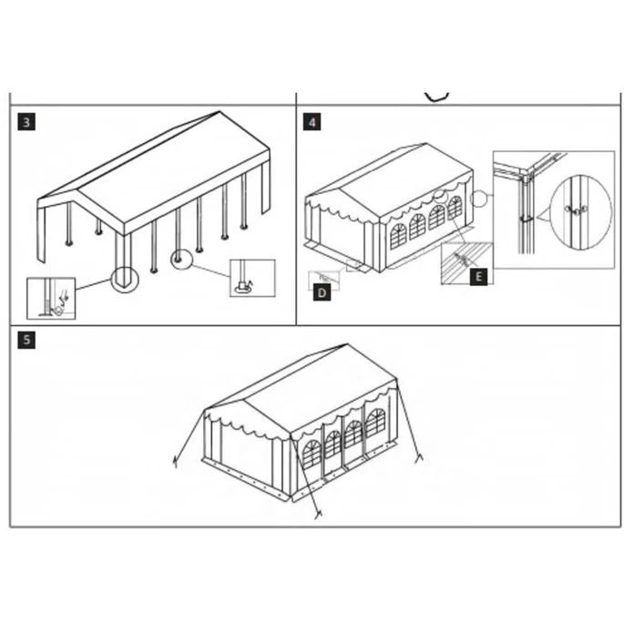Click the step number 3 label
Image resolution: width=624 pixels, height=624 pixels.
[27, 121]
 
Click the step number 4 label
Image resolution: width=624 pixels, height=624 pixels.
[312, 121]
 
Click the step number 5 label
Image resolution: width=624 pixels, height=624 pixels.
[27, 340]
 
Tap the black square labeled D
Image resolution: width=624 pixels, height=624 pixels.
[322, 292]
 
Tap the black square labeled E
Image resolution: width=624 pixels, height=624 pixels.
[479, 276]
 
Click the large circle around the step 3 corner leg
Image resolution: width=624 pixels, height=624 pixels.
[124, 277]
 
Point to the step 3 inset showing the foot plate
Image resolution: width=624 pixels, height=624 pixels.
[251, 278]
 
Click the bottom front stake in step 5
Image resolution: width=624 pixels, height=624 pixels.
[318, 516]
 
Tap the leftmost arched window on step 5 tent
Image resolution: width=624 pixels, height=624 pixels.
[312, 455]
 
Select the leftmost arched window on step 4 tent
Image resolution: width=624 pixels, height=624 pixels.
[397, 236]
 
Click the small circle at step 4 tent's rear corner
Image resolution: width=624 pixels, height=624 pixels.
[481, 196]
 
